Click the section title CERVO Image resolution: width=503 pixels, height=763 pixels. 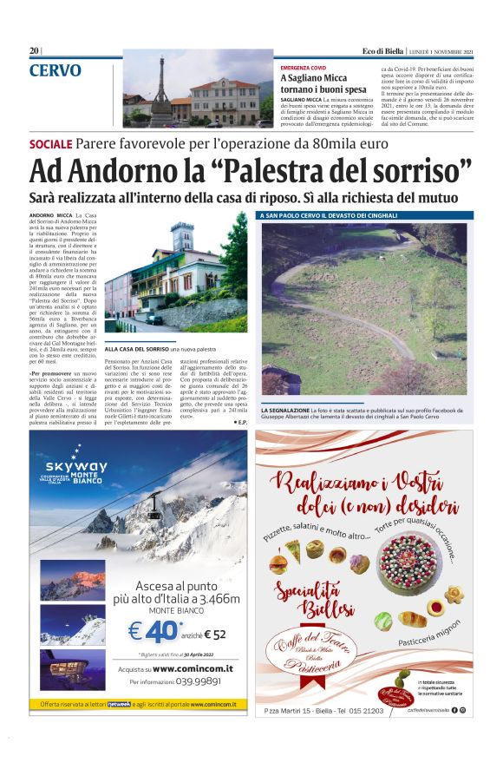(56, 71)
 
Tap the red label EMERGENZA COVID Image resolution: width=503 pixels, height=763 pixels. (304, 67)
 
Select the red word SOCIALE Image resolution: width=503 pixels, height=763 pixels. (50, 143)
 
